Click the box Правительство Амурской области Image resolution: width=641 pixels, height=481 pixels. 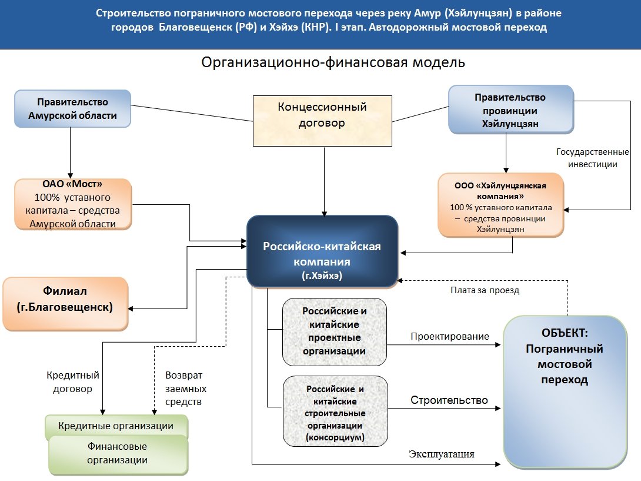coord(72,108)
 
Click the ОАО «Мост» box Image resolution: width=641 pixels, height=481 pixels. coord(73,204)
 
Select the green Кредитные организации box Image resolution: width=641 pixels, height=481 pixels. coord(116,426)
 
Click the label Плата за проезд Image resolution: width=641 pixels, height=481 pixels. coord(485,290)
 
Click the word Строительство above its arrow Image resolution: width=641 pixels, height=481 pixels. coord(449,400)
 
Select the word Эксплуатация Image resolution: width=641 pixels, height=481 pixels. coord(441,454)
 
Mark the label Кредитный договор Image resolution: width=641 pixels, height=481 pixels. coord(73,382)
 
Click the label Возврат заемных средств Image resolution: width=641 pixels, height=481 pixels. coord(186,388)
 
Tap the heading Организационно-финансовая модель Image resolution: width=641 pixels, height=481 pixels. coord(333,62)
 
